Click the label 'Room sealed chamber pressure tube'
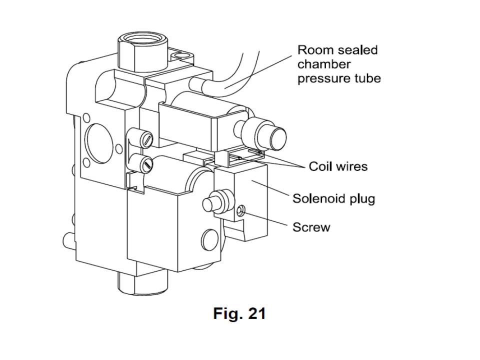tap(338, 64)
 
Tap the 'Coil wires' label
tap(338, 166)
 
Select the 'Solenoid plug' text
tap(333, 198)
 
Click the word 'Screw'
tap(311, 227)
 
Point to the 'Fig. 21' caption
tap(239, 313)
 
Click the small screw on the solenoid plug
tap(241, 212)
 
